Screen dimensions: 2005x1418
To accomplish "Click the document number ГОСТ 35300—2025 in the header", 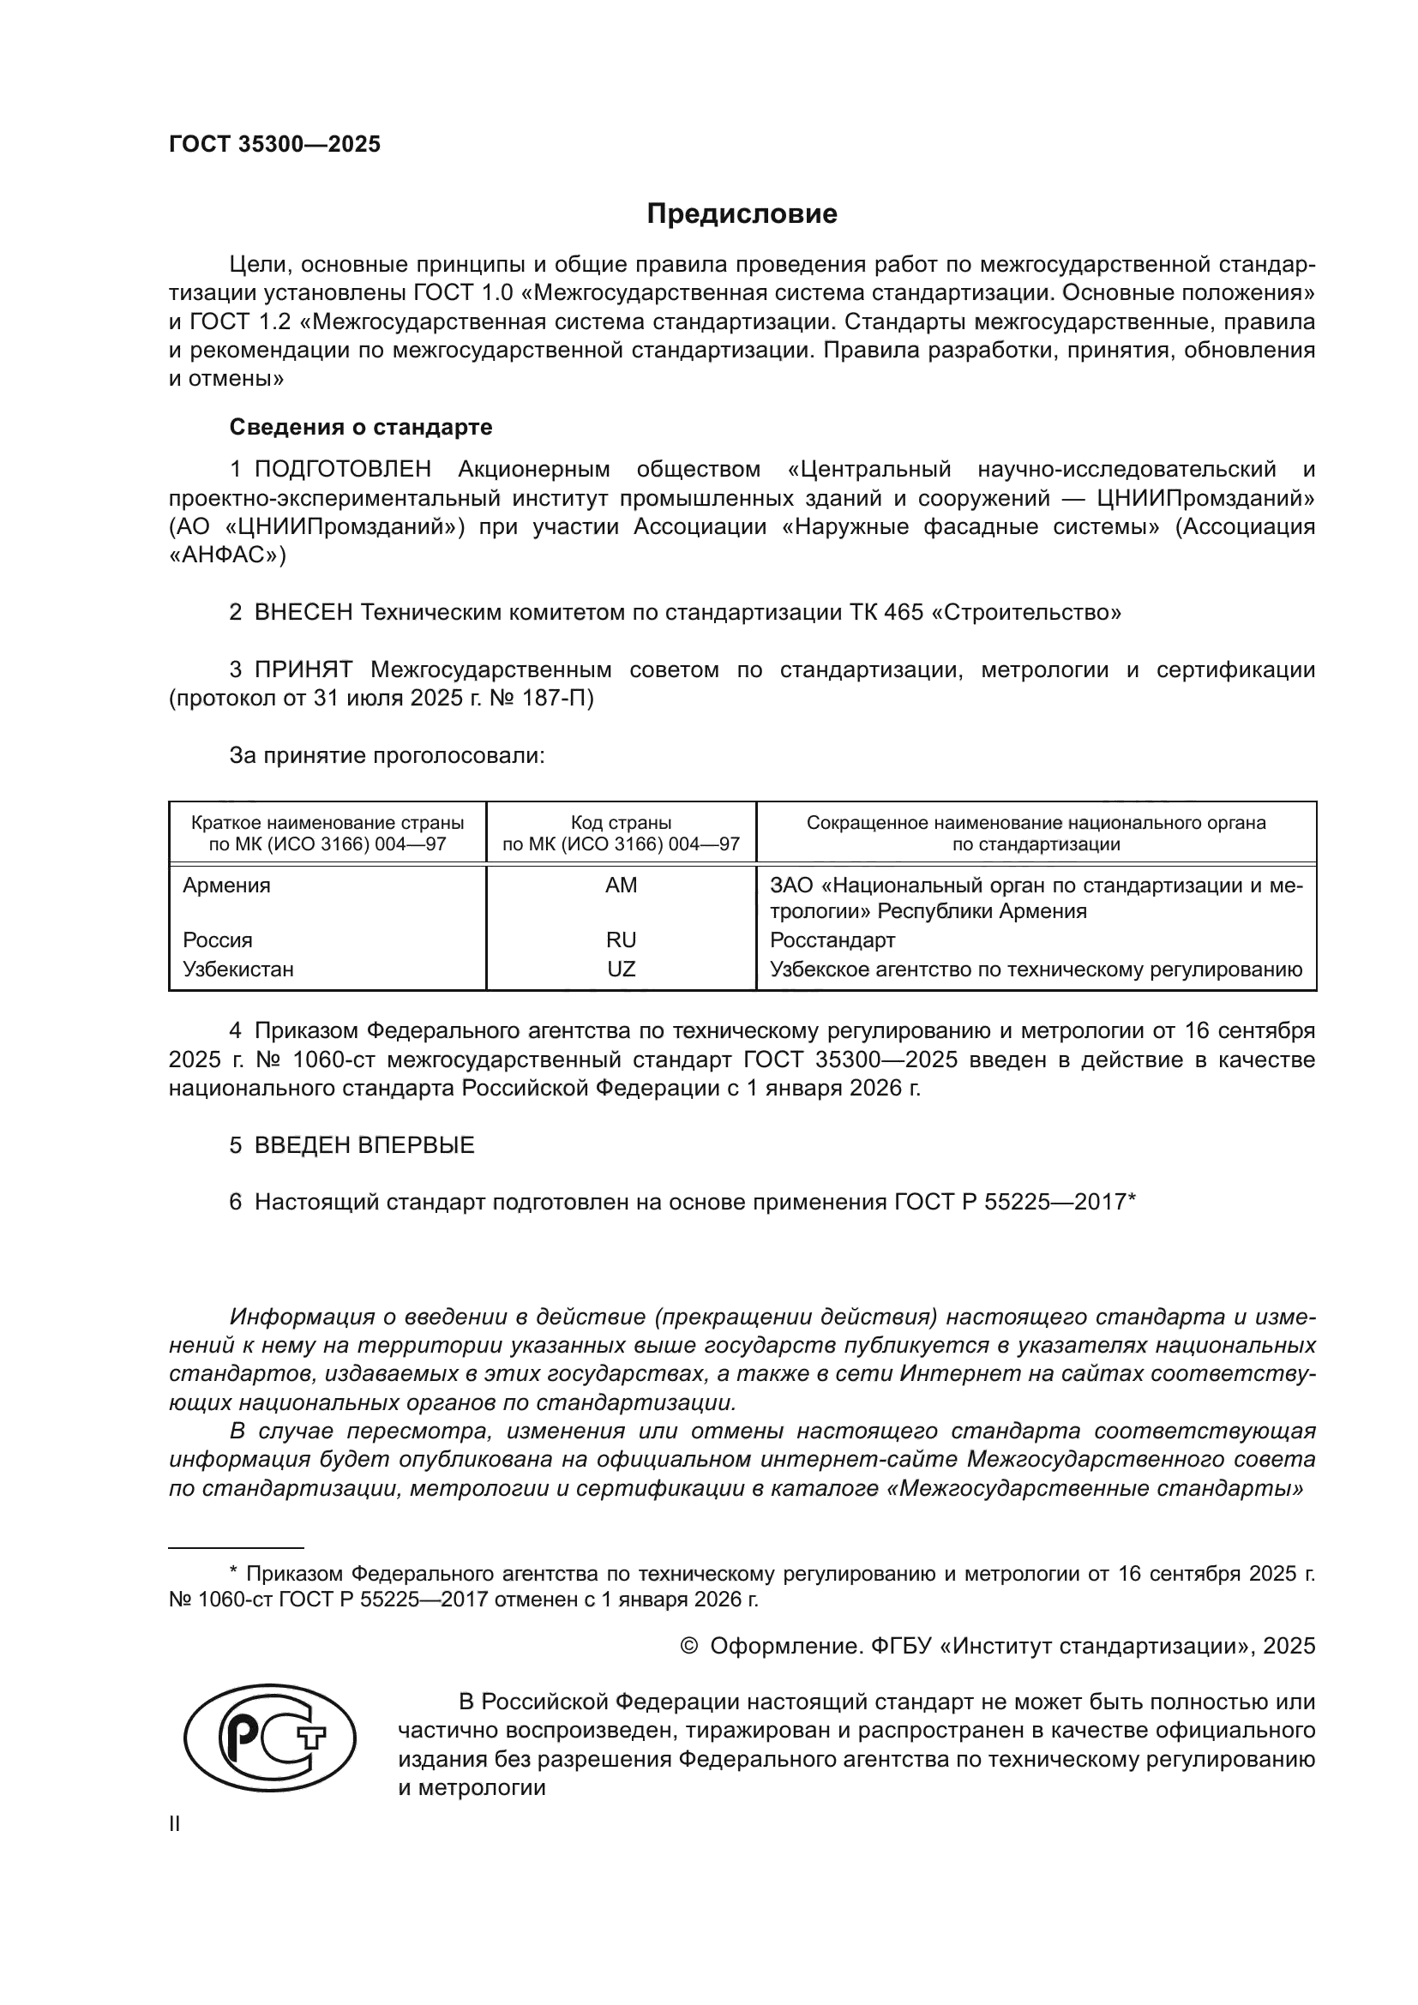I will coord(274,144).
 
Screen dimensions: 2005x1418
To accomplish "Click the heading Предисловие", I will coord(742,214).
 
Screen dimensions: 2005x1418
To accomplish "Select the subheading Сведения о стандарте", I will coord(361,427).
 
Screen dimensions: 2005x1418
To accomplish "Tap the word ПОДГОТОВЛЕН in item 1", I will coord(342,469).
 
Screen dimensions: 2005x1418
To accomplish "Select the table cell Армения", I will coord(226,885).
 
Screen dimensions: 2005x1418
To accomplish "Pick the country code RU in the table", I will coord(621,939).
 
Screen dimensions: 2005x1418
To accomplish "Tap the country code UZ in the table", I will coord(621,969).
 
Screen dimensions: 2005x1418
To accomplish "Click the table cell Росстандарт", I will coord(832,939).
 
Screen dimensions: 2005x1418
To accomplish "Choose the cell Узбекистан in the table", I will coord(237,969).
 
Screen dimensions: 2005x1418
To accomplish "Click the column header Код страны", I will coord(621,823).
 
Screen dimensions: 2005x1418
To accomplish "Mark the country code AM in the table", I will coord(621,885).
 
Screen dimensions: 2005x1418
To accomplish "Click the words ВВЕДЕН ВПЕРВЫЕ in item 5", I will coord(364,1145).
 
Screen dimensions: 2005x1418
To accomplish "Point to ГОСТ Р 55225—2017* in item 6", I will coord(1014,1202).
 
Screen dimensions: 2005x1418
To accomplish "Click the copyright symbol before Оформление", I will coord(689,1646).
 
